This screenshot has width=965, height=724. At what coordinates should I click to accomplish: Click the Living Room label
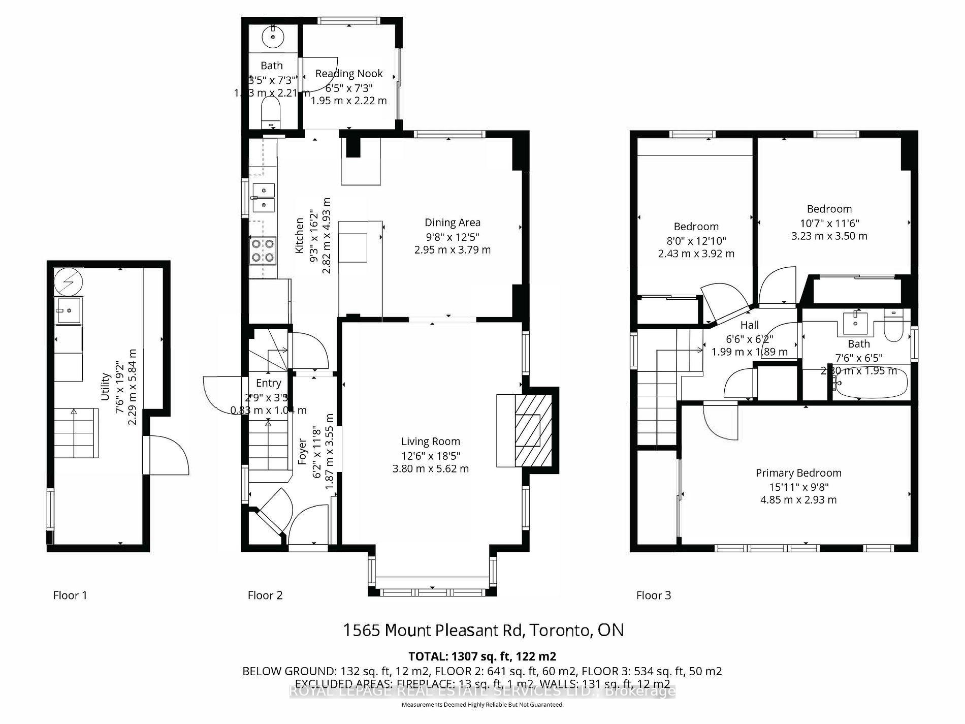pyautogui.click(x=430, y=442)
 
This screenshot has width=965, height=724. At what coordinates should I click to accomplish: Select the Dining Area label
pyautogui.click(x=452, y=223)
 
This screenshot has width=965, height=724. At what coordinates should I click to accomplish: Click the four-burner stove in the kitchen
pyautogui.click(x=263, y=250)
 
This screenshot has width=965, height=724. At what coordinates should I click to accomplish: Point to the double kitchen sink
pyautogui.click(x=263, y=198)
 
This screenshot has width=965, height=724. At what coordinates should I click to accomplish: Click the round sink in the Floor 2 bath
pyautogui.click(x=273, y=37)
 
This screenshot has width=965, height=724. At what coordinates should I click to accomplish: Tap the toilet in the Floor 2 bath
pyautogui.click(x=270, y=113)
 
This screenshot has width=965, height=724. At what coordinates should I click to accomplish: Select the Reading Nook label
pyautogui.click(x=349, y=74)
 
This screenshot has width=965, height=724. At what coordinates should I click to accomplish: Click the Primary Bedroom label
pyautogui.click(x=798, y=473)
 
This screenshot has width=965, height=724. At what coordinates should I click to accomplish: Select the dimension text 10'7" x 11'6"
pyautogui.click(x=829, y=223)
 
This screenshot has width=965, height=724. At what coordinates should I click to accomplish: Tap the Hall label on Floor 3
pyautogui.click(x=749, y=325)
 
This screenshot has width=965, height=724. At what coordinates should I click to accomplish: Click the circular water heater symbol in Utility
pyautogui.click(x=68, y=281)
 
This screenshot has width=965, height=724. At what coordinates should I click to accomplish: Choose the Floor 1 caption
pyautogui.click(x=70, y=595)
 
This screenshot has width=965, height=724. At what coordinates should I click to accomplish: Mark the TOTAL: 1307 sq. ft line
pyautogui.click(x=482, y=656)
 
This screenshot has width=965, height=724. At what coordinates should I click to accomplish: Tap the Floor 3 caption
pyautogui.click(x=654, y=595)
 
